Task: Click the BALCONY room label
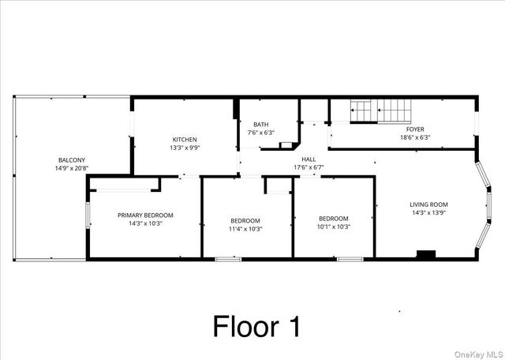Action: (70, 159)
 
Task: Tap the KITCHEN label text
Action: (185, 139)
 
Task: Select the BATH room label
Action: (260, 124)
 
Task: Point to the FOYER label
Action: (415, 129)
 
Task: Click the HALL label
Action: (309, 159)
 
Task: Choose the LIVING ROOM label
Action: (428, 204)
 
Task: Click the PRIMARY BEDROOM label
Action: (145, 215)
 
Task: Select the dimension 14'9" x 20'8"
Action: (71, 168)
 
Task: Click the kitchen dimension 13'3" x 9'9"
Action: (185, 148)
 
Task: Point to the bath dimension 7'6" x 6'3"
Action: (260, 133)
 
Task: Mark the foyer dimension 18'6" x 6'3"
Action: (415, 138)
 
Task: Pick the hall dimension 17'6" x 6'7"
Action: (309, 167)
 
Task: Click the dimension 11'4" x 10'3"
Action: (245, 229)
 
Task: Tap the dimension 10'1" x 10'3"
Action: (333, 227)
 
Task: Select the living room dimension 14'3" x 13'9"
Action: (428, 212)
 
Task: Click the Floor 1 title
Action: (256, 326)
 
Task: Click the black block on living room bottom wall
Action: (426, 254)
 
